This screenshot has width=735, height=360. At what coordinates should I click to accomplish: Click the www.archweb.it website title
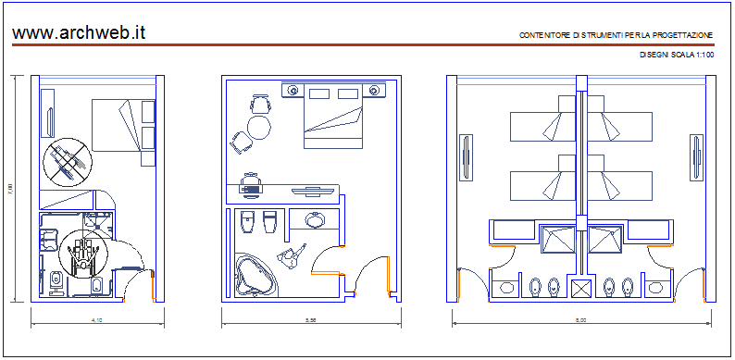coord(79,32)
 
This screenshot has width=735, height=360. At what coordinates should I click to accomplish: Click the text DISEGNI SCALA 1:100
coord(677,56)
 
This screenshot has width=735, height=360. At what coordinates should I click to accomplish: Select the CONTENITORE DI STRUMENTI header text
coord(616,35)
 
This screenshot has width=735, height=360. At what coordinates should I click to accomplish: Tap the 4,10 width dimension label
coord(95,319)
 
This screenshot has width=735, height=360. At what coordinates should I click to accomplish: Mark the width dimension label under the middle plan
coord(312,319)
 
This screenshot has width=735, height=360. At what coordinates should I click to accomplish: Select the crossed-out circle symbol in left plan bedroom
coord(68,162)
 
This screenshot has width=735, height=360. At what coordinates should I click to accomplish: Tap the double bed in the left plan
coord(122,125)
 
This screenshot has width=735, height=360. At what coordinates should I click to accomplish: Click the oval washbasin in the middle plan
coord(315,220)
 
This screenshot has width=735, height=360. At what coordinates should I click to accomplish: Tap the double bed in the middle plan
coord(333,118)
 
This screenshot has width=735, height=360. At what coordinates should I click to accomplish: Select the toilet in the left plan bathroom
coord(57,280)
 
